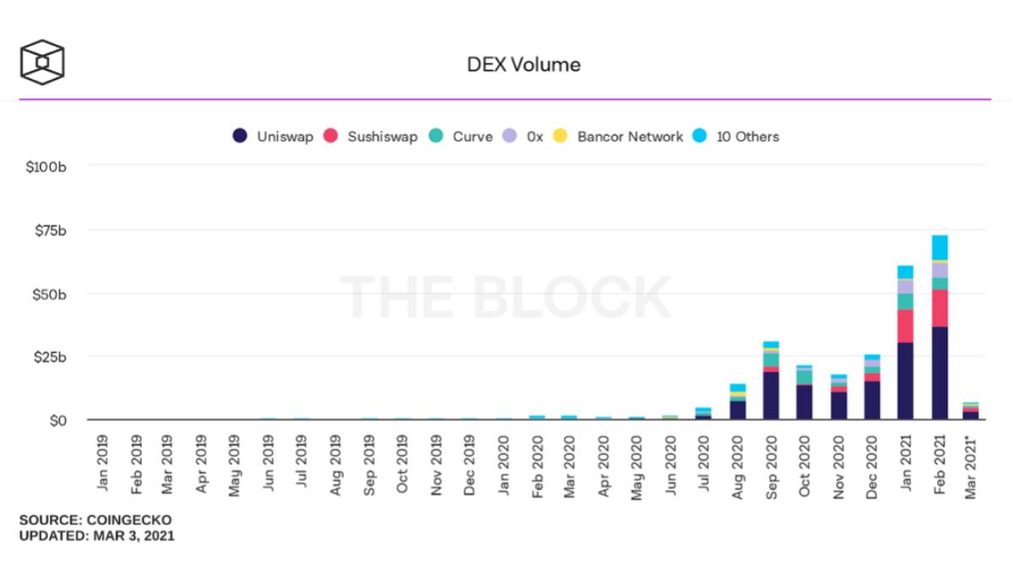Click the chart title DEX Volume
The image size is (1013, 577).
click(524, 64)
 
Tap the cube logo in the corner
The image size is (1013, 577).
click(42, 62)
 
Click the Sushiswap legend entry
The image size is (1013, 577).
click(371, 136)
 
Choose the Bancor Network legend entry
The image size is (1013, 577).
click(618, 136)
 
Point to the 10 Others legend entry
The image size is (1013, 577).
click(736, 136)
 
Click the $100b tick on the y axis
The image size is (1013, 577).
click(46, 166)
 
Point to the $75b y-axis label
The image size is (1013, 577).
click(48, 230)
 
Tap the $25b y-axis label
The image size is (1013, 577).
click(48, 357)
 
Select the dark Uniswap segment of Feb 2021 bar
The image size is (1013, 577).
click(939, 373)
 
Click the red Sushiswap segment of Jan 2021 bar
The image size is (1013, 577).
click(905, 325)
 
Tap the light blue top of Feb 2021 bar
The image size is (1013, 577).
click(939, 247)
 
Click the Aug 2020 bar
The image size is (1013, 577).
click(738, 401)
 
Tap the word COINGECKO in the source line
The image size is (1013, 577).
click(132, 519)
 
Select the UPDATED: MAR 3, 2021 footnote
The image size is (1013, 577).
click(97, 536)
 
